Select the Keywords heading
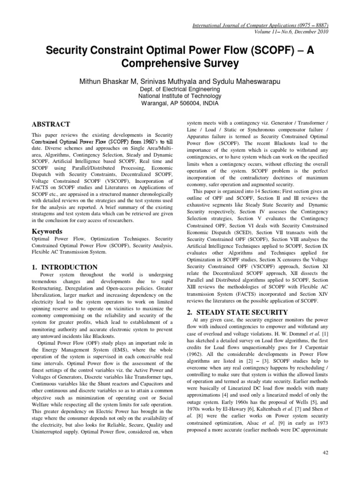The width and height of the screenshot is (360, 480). (48, 232)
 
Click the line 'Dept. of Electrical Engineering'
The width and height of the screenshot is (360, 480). (180, 90)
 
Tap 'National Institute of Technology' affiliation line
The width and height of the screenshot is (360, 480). (180, 97)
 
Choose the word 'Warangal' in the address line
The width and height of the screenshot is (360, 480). (154, 104)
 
